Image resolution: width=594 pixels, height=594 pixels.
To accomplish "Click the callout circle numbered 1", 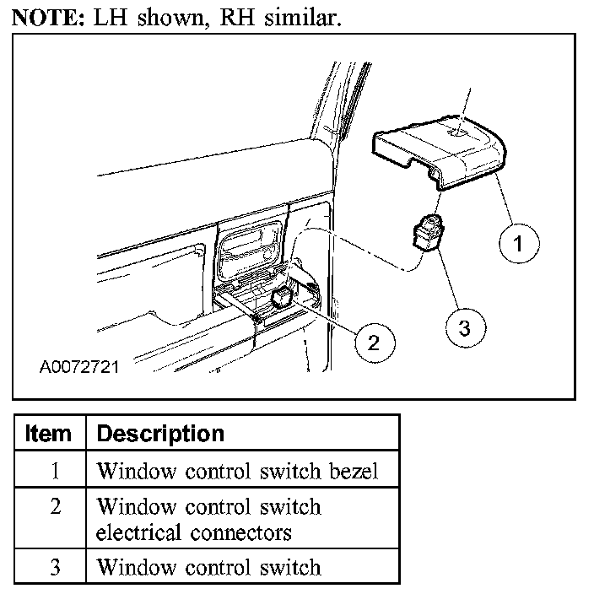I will click(519, 245).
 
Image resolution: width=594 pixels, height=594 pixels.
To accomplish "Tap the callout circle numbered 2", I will click(372, 341).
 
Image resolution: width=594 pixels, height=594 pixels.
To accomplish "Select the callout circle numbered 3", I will click(462, 326).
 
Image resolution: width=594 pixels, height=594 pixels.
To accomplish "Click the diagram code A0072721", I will click(79, 368).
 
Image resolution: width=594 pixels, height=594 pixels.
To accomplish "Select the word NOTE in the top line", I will click(44, 18).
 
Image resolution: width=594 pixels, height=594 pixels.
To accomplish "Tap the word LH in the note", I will click(106, 18).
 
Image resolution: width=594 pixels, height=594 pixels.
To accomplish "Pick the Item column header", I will click(48, 434).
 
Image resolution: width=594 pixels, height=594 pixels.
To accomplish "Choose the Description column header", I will click(160, 434).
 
